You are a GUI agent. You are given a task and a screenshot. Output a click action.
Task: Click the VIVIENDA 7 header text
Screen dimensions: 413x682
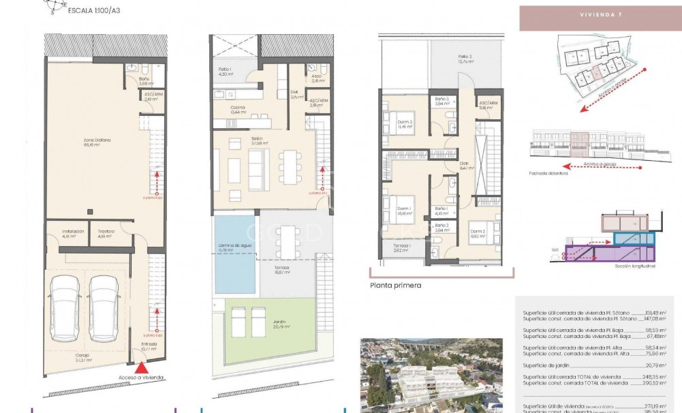[600, 14]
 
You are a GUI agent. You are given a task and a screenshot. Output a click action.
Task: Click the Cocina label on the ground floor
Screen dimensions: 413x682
[238, 108]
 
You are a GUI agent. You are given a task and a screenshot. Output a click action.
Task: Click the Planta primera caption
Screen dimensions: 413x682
[396, 286]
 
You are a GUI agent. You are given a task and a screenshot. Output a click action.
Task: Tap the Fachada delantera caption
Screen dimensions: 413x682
[548, 173]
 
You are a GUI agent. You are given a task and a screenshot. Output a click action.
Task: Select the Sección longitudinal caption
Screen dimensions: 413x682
[635, 266]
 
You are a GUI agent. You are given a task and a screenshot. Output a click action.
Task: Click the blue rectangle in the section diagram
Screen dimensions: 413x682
[634, 238]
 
